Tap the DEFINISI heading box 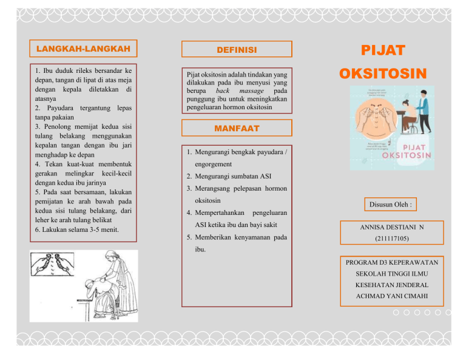pos(236,49)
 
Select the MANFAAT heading pos(236,129)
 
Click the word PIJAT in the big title pos(383,50)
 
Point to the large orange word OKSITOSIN pos(383,75)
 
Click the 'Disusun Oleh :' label pos(391,205)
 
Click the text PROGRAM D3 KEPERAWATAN pos(391,262)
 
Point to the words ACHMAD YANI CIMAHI pos(391,296)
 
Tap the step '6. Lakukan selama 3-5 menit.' pos(77,230)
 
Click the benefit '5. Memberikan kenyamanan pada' pos(237,237)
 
